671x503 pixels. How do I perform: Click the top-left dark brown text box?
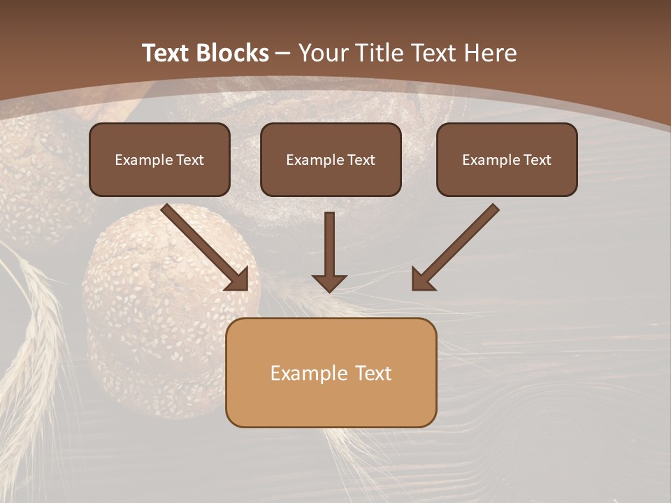pyautogui.click(x=159, y=160)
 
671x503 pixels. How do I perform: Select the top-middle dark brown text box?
pyautogui.click(x=331, y=160)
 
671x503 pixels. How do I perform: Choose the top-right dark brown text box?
pyautogui.click(x=507, y=160)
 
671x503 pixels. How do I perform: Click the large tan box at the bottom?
pyautogui.click(x=331, y=372)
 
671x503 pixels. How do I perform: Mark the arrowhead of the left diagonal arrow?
pyautogui.click(x=238, y=279)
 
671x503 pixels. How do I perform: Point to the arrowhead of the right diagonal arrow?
pyautogui.click(x=422, y=279)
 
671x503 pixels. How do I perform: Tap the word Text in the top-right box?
pyautogui.click(x=537, y=160)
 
